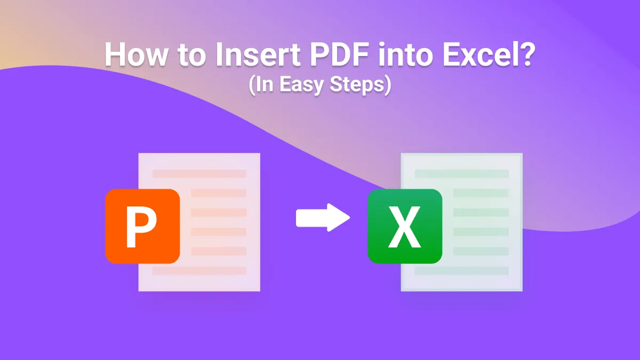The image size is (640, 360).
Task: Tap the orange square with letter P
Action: (142, 226)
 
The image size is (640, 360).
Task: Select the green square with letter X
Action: (405, 226)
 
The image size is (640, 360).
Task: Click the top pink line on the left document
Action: (199, 174)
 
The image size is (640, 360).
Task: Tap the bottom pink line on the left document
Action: (199, 270)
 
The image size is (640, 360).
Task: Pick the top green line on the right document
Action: (462, 174)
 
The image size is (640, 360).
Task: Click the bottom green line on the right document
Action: (462, 270)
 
